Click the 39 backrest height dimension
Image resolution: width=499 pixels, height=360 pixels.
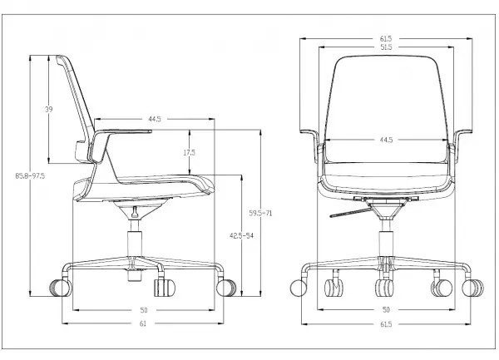coord(48,110)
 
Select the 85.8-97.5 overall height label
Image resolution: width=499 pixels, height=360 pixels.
coord(30,175)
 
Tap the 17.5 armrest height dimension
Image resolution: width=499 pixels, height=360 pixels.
coord(189,153)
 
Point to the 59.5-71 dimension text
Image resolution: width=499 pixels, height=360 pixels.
coord(260,213)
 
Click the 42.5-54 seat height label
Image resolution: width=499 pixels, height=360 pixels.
coord(241,235)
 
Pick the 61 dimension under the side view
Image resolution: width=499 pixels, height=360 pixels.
coord(143,323)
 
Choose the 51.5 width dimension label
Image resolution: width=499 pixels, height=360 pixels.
coord(386,47)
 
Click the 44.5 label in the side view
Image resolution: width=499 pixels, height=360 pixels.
coord(155,119)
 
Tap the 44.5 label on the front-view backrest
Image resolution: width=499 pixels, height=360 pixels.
coord(386,140)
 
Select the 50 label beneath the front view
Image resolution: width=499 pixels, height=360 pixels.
coord(386,309)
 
